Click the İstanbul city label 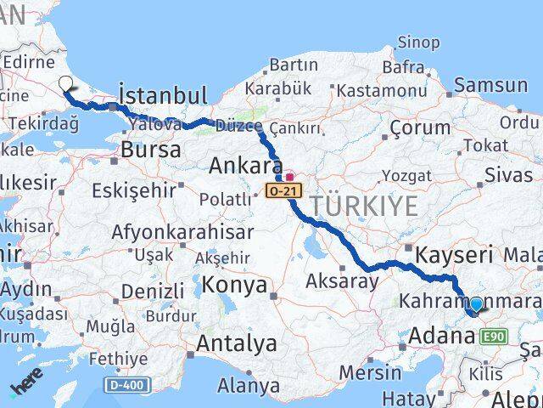(163, 93)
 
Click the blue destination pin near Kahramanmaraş (476, 305)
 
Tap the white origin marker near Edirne (66, 83)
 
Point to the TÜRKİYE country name (363, 206)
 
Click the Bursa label (151, 150)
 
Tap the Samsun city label (491, 85)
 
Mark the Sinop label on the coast (419, 42)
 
